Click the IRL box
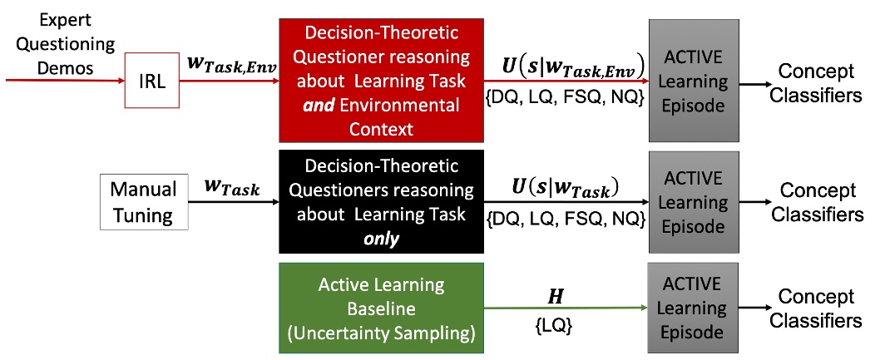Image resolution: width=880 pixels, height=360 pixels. coord(151,82)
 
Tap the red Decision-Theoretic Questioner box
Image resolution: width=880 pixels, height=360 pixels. coord(381,82)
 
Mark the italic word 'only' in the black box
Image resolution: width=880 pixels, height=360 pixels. coord(381,239)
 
